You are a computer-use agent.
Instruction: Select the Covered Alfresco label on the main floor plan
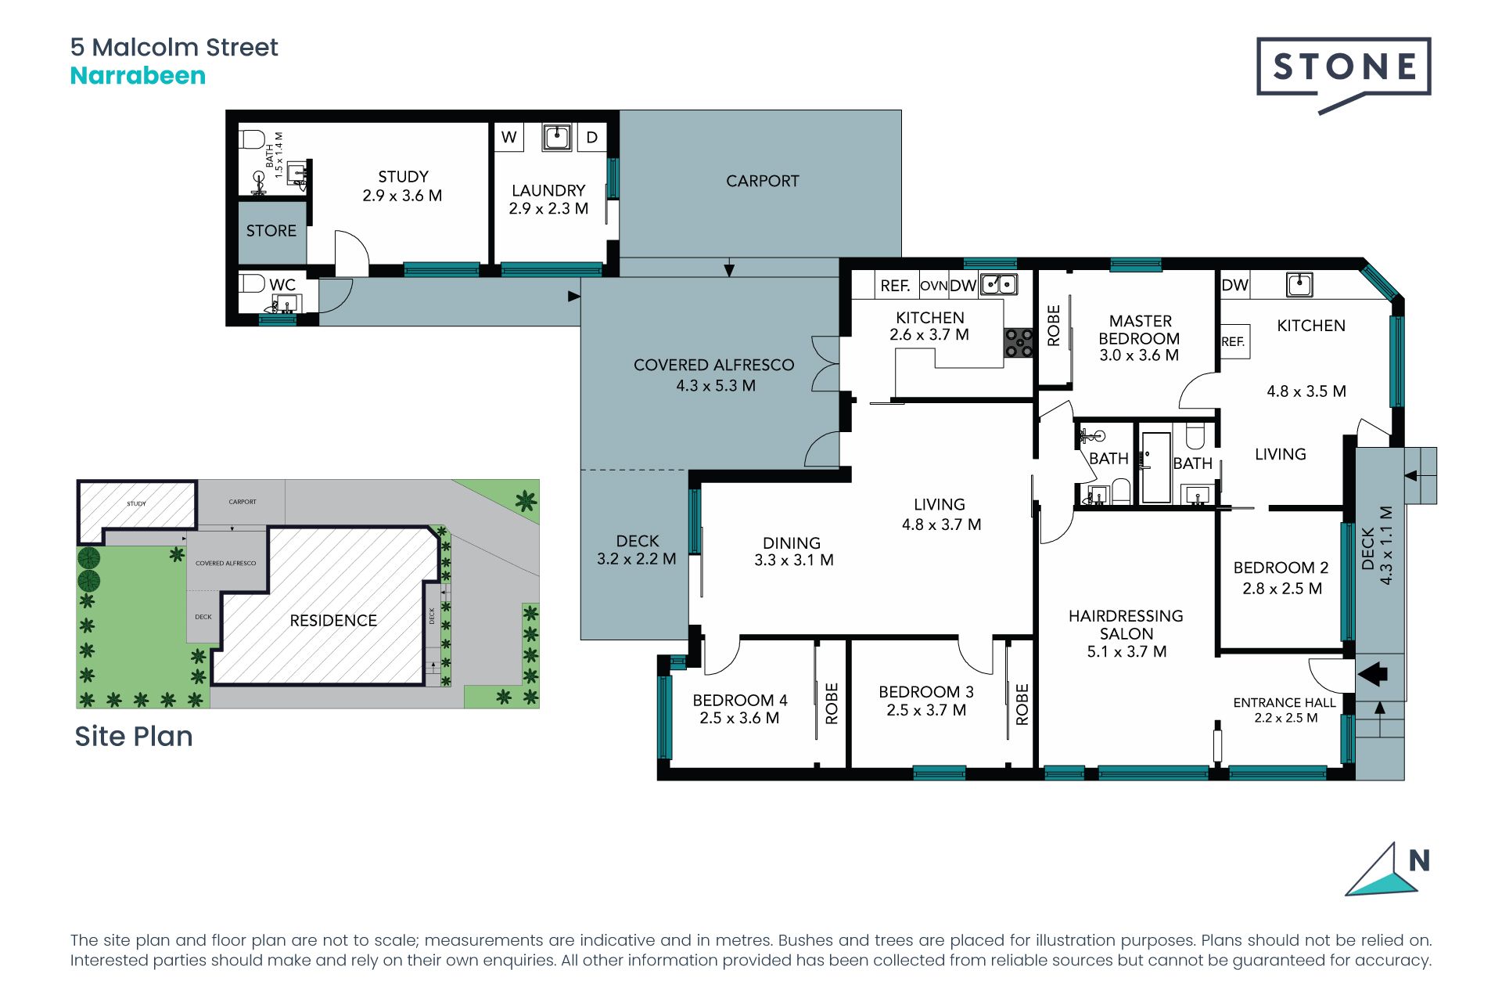(x=713, y=365)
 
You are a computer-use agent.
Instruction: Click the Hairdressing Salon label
(x=1126, y=625)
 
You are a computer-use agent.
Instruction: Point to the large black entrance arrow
(x=1373, y=673)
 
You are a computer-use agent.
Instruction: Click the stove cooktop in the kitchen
(x=1019, y=343)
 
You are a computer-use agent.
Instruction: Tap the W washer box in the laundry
(x=509, y=137)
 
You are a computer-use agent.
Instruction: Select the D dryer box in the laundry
(x=592, y=137)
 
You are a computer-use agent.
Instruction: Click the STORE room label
(x=271, y=231)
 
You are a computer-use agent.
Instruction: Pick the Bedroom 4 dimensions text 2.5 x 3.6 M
(x=739, y=718)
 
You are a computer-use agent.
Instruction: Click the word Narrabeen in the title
(x=138, y=76)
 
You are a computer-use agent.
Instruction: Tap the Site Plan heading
(x=134, y=737)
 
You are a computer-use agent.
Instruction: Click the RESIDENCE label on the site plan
(x=333, y=621)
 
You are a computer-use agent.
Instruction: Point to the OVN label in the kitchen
(x=934, y=286)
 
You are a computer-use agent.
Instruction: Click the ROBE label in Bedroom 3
(x=1022, y=704)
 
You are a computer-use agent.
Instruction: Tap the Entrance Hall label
(x=1285, y=703)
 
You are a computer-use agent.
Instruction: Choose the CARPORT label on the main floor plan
(x=763, y=181)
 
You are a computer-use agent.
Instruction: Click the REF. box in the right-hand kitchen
(x=1235, y=341)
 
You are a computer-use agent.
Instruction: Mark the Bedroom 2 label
(x=1281, y=568)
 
